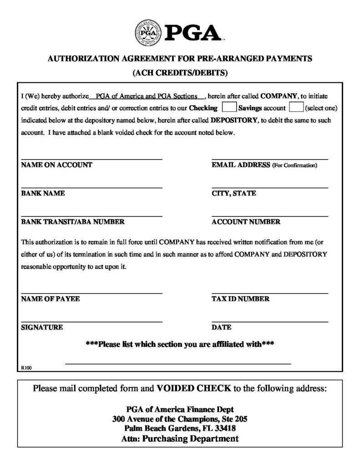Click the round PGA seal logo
click(x=148, y=34)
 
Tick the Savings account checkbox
click(x=296, y=108)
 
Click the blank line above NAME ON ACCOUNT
click(x=91, y=159)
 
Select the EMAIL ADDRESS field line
click(x=270, y=159)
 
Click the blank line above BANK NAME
click(x=91, y=187)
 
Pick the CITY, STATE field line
click(x=270, y=187)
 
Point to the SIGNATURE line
click(x=91, y=322)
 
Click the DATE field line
click(x=270, y=322)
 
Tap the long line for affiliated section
click(x=178, y=364)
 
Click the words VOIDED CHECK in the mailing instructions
click(x=194, y=389)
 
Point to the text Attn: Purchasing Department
click(x=180, y=439)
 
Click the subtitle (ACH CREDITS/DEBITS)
click(x=180, y=72)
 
